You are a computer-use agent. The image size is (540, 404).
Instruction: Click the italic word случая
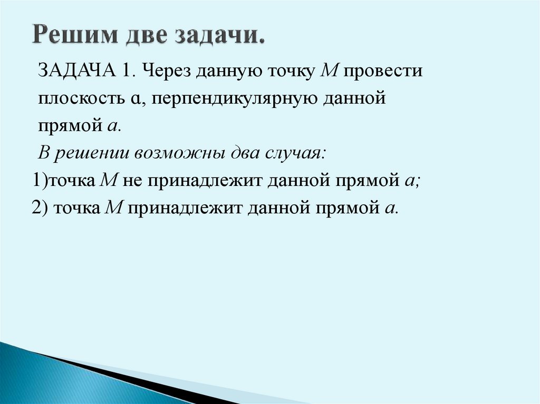[294, 153]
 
